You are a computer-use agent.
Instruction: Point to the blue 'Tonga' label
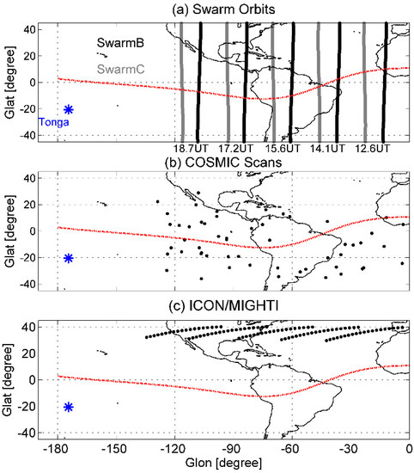point(53,122)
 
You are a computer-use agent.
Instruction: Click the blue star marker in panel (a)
point(69,109)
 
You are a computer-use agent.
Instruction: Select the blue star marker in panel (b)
point(69,258)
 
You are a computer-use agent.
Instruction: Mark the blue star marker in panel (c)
point(69,407)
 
